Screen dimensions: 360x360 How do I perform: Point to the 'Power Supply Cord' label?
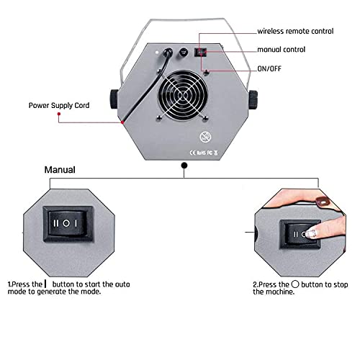(x=60, y=104)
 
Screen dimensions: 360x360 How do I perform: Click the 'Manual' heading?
(x=61, y=171)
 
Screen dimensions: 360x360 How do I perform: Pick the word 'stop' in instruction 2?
(x=341, y=285)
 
